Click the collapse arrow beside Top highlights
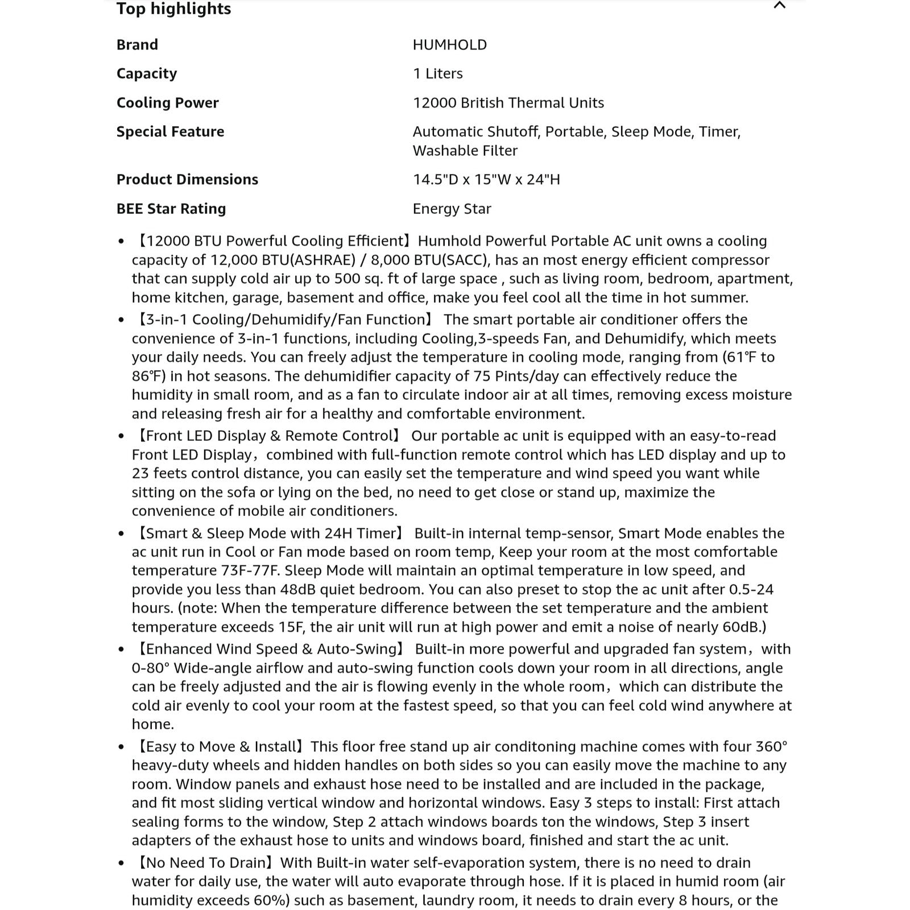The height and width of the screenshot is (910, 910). coord(779,6)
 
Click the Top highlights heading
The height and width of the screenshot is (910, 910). coord(173,9)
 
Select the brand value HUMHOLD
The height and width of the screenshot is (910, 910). coord(449,45)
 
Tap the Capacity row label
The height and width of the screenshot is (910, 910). coord(146,74)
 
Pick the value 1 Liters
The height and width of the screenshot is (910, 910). coord(437,74)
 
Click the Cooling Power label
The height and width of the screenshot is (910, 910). coord(167,103)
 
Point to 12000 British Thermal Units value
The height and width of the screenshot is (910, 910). coord(508,103)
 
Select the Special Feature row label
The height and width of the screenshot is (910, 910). coord(170,132)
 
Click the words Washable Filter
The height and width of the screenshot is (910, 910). coord(465,151)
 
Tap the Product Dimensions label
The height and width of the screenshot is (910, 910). coord(187,180)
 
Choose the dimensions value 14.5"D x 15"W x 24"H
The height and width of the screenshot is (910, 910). coord(486,180)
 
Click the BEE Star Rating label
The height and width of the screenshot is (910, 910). coord(171,209)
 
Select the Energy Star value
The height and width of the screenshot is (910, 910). coord(452,209)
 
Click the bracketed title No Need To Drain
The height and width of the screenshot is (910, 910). coord(206,863)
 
